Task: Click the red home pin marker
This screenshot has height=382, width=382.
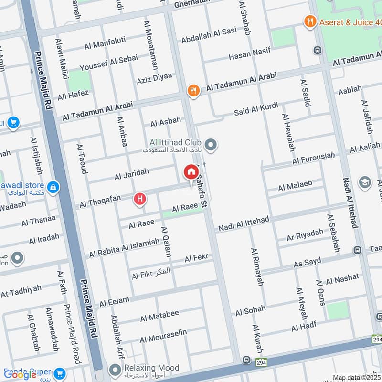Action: [191, 171]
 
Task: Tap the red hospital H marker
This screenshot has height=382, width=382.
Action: [140, 198]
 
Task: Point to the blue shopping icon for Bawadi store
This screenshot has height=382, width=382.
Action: [53, 187]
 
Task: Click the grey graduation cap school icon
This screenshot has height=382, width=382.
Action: [364, 182]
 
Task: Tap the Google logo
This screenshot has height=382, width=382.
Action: [20, 375]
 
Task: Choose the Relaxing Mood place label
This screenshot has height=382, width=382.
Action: [151, 368]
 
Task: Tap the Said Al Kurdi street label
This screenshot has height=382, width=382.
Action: [255, 109]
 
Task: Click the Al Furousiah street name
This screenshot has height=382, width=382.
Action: [312, 158]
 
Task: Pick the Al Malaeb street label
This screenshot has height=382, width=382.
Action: [295, 185]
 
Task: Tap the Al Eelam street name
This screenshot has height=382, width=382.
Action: [115, 301]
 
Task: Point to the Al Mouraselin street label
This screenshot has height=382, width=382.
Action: [163, 337]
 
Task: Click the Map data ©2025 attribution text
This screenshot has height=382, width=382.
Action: [356, 378]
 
